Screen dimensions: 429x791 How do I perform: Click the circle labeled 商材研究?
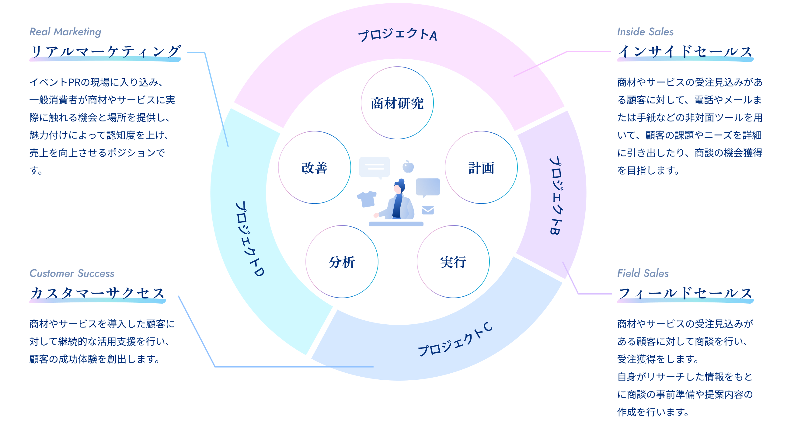397,103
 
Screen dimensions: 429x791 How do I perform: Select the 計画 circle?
481,168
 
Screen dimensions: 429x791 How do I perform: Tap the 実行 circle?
453,262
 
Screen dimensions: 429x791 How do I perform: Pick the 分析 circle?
342,262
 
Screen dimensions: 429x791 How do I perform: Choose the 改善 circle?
315,168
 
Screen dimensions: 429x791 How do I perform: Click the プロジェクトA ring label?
398,34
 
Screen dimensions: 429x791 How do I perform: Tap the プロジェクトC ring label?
455,340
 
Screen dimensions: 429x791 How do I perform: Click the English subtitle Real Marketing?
65,32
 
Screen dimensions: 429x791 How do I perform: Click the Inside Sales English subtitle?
645,32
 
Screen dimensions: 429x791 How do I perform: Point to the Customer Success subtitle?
72,273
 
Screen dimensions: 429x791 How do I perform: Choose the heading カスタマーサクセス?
98,293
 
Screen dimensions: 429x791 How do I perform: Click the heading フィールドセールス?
685,293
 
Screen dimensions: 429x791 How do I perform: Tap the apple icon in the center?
408,167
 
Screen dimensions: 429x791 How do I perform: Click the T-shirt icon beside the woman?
367,199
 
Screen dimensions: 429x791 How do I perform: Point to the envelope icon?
428,210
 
